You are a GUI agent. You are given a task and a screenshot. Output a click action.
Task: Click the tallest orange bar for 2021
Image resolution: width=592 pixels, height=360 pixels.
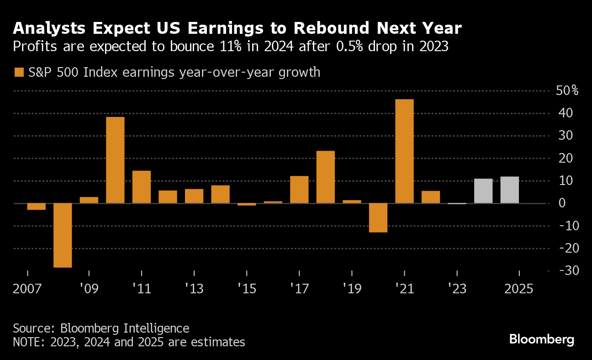(404, 151)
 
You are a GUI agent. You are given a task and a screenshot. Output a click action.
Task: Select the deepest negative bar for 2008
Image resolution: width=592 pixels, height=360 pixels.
(63, 235)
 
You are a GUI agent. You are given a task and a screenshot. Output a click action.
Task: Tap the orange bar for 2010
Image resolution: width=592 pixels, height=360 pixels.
(115, 160)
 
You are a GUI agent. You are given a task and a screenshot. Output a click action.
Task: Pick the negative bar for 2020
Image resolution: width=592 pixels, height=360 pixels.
(378, 218)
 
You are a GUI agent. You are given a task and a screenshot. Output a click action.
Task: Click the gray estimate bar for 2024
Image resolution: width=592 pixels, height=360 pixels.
(483, 191)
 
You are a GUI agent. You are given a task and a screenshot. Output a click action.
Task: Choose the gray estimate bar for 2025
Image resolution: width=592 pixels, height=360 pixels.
(509, 190)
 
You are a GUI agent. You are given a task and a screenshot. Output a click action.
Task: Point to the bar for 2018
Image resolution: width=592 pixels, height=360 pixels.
(326, 177)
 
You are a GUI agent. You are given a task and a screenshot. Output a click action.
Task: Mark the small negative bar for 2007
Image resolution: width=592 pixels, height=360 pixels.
(36, 206)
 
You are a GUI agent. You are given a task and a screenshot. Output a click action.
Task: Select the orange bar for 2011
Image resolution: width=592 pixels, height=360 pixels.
(142, 187)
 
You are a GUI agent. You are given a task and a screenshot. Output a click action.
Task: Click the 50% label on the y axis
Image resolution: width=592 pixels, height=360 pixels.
(567, 90)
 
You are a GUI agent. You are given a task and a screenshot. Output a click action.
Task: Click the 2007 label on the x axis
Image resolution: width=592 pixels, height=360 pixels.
(28, 289)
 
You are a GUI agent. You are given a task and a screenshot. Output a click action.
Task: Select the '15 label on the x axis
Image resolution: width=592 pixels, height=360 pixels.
(247, 289)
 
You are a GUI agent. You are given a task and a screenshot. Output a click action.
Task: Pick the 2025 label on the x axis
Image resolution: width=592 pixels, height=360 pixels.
(518, 289)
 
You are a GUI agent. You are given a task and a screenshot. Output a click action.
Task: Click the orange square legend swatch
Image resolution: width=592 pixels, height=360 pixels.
(19, 72)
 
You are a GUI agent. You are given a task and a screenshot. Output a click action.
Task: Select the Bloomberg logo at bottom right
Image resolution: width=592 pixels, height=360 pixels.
(541, 339)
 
